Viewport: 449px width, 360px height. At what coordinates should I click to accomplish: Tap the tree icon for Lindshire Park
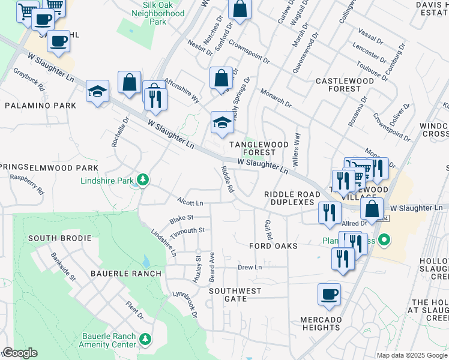143,179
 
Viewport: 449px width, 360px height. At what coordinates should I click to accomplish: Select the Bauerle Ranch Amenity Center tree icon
145,340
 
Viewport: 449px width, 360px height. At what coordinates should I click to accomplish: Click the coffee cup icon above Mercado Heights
329,294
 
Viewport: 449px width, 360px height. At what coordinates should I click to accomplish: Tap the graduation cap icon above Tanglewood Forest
221,123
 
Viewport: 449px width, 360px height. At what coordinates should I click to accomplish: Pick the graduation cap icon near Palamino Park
97,92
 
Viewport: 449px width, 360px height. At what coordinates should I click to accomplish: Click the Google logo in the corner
19,353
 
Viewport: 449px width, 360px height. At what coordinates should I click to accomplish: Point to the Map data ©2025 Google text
411,355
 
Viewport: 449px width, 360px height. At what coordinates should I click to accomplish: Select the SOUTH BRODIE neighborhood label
59,238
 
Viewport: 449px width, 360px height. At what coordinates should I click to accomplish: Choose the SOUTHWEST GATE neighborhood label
235,295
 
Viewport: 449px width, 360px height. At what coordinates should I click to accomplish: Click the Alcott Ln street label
190,202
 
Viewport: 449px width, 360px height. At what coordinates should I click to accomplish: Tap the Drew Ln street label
250,267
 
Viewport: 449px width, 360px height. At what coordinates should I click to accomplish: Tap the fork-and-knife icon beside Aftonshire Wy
155,98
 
